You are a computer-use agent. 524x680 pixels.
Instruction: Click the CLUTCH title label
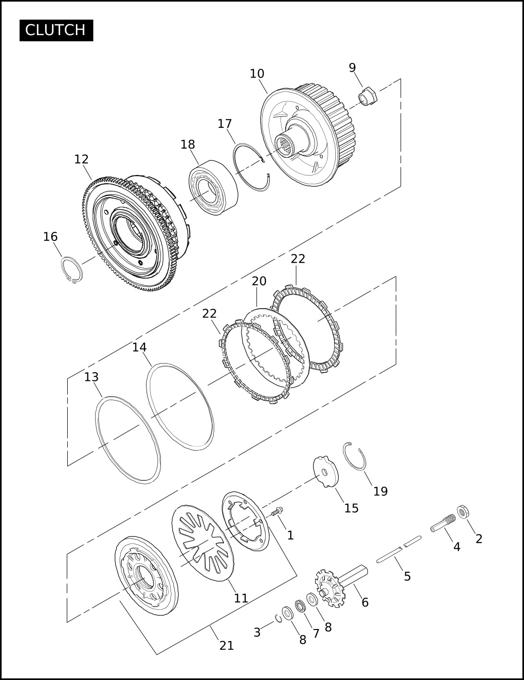point(56,30)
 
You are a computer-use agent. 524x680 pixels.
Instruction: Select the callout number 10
point(257,74)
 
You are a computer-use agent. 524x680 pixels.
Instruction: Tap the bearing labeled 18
point(213,187)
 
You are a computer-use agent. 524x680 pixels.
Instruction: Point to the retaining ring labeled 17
point(251,168)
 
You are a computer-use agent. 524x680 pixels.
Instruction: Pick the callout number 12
point(82,159)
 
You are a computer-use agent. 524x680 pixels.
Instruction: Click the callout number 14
point(139,347)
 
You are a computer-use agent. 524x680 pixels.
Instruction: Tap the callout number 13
point(91,377)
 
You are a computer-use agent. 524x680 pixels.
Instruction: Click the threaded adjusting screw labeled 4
point(443,523)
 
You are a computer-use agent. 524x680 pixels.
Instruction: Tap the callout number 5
point(407,576)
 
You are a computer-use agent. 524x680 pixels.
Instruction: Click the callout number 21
point(226,645)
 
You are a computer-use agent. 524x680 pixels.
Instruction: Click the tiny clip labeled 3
point(278,619)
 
